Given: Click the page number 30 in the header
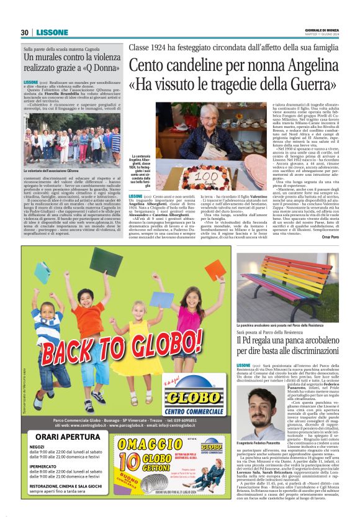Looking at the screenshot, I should coord(25,32).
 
